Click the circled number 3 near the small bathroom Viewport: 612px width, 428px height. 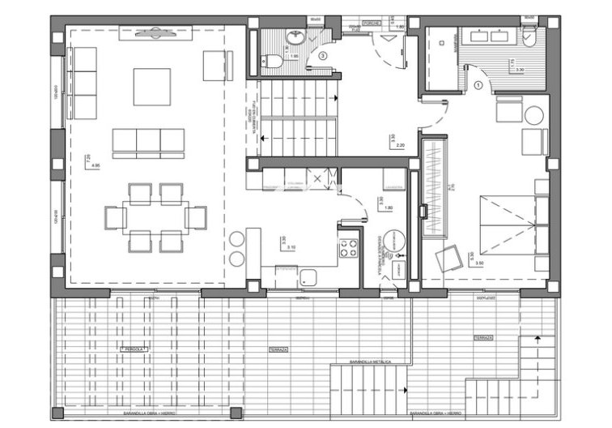323,56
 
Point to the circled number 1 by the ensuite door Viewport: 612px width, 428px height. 478,83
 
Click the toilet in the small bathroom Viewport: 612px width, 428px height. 274,60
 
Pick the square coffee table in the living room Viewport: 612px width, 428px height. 151,87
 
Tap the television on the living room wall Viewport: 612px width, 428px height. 153,32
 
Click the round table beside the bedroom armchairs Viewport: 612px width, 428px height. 533,115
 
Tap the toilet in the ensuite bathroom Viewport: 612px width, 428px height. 529,37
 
